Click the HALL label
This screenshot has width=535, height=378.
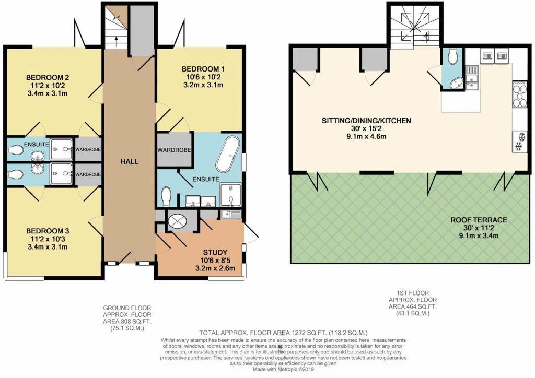click(x=130, y=161)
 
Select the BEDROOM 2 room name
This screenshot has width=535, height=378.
click(x=50, y=77)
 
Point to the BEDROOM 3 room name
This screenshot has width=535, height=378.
click(x=48, y=231)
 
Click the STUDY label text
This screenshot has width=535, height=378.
click(x=215, y=253)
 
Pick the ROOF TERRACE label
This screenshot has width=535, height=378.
click(x=479, y=220)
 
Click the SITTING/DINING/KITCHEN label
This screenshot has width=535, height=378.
click(x=366, y=120)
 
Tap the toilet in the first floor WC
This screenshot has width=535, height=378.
click(x=453, y=56)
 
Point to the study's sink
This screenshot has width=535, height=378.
click(x=231, y=215)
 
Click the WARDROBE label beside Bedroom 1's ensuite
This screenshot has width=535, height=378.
click(x=174, y=150)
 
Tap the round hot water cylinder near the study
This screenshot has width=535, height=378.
click(x=178, y=221)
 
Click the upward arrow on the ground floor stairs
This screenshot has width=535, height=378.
click(x=117, y=41)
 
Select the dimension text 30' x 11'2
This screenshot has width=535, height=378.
click(x=479, y=228)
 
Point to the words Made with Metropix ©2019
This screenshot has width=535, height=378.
click(x=283, y=369)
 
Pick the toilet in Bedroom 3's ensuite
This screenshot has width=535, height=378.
click(x=15, y=174)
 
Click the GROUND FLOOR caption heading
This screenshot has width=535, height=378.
click(x=127, y=308)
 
